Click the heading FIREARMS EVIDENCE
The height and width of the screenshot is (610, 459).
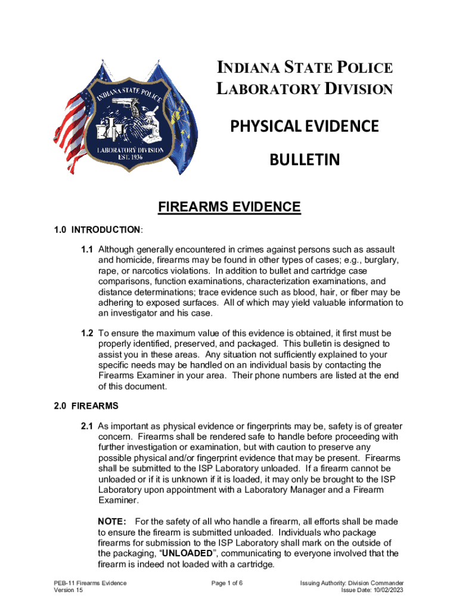click(x=229, y=207)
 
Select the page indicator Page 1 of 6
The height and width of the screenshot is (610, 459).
click(x=229, y=583)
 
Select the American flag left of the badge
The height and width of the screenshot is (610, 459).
click(x=70, y=119)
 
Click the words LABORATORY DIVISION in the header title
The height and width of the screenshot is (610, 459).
click(x=304, y=89)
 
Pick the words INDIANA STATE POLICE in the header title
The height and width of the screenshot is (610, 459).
click(x=304, y=68)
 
